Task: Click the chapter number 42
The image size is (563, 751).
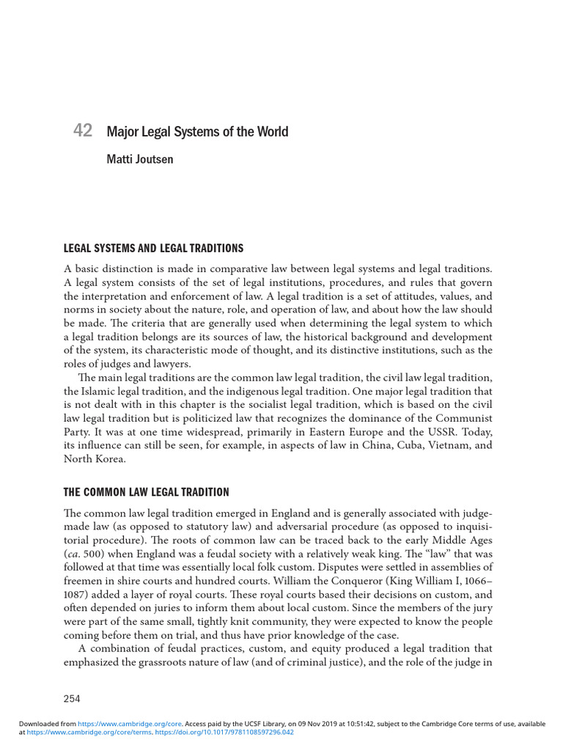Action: [x=83, y=131]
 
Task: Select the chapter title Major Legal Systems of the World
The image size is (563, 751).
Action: [x=197, y=132]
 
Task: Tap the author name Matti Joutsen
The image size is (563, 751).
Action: [x=140, y=159]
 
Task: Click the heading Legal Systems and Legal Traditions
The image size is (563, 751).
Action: [x=154, y=249]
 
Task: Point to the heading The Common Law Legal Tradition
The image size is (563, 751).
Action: [x=147, y=491]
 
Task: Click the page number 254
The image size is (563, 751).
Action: [x=72, y=698]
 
